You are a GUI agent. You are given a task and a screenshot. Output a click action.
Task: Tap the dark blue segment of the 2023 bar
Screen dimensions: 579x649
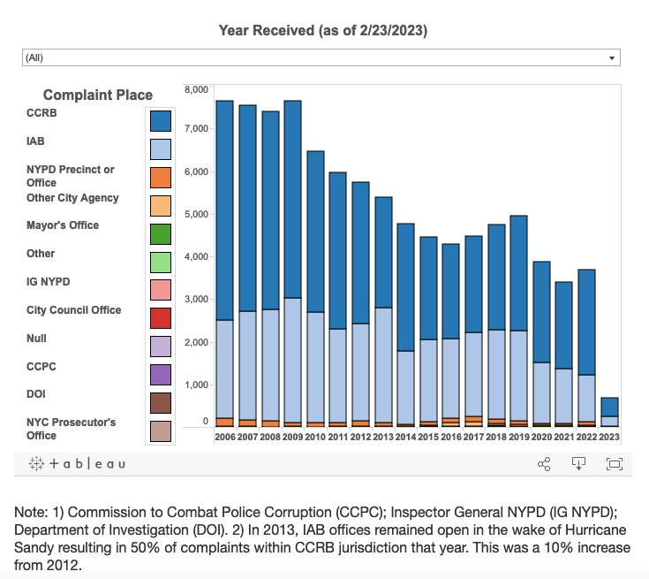click(x=609, y=407)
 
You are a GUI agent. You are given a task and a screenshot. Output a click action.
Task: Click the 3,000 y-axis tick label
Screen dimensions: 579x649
click(x=196, y=300)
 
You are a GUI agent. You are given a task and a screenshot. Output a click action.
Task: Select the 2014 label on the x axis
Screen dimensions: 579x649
click(x=406, y=436)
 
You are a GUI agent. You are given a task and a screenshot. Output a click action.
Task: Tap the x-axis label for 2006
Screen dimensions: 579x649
click(x=224, y=436)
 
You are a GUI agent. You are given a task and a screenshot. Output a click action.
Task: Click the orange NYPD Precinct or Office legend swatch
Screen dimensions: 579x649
click(x=160, y=177)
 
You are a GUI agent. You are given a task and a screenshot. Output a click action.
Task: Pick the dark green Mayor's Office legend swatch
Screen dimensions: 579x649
click(x=160, y=233)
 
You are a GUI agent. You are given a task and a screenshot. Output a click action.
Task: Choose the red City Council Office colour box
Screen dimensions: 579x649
click(x=160, y=317)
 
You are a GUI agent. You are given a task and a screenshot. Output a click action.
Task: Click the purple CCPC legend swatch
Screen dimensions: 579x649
click(x=160, y=374)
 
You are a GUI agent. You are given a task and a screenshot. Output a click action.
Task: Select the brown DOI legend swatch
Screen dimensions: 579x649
click(x=160, y=402)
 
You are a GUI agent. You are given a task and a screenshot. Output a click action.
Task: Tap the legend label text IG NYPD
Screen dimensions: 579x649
click(x=49, y=282)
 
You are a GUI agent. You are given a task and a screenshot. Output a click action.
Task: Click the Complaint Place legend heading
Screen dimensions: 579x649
click(x=98, y=95)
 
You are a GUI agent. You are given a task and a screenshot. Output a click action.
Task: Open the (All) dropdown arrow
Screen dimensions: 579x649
click(x=612, y=57)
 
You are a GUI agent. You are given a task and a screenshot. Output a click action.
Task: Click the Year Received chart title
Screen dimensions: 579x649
click(x=323, y=31)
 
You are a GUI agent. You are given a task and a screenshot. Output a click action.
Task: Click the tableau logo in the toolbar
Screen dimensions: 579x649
click(x=77, y=463)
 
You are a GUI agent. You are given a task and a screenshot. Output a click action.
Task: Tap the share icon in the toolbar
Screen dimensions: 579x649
click(x=544, y=463)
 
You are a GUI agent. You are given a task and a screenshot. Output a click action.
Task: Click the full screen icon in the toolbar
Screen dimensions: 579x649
click(x=615, y=463)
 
